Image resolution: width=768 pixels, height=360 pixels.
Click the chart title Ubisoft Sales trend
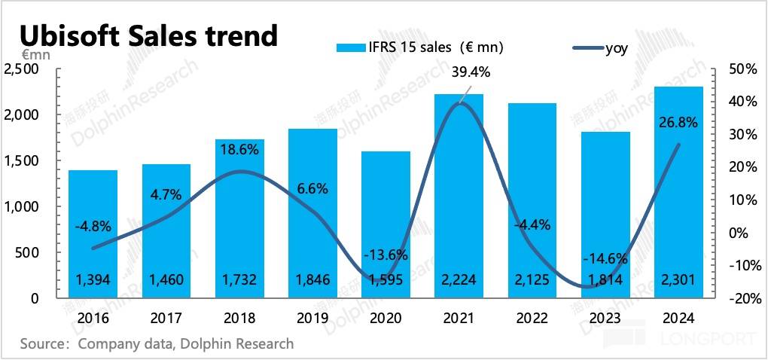(x=148, y=35)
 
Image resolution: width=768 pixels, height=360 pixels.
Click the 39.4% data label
(x=471, y=72)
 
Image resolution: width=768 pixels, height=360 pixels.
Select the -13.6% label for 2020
(x=387, y=254)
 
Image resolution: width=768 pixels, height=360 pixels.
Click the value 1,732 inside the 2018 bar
(x=239, y=280)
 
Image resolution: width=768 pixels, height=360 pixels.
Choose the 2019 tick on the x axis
(x=312, y=318)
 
